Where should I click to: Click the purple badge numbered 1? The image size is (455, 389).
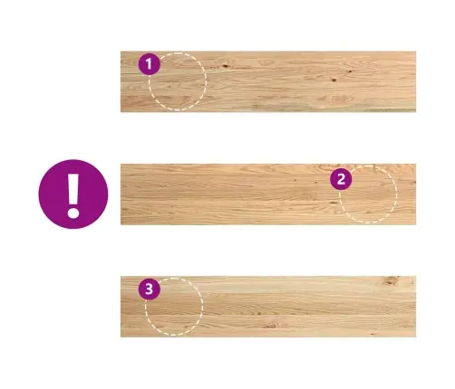coord(150,64)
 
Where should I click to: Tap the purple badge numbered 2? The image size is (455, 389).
coord(341,179)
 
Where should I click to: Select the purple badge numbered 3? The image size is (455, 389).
coord(150,289)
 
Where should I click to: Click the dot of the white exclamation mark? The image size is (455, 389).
coord(73,212)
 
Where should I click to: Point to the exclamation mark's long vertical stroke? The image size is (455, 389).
coord(73,188)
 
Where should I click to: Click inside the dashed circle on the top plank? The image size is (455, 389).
coord(178,81)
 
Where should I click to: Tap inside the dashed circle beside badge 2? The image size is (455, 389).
coord(368,194)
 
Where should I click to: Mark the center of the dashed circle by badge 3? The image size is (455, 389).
coord(174,307)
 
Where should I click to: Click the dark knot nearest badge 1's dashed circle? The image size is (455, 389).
coord(225,66)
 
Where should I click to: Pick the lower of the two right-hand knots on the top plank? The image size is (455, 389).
coord(334,81)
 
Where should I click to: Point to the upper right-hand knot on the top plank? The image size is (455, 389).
coord(350,71)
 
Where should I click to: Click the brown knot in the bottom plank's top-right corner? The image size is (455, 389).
coord(392,280)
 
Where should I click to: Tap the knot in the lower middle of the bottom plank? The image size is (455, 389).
coord(270,326)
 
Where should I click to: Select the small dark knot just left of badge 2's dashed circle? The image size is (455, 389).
coord(334,203)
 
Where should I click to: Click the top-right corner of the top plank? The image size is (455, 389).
coord(416,52)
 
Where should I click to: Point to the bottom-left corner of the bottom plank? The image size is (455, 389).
coord(121,337)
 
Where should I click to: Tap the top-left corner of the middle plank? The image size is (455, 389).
coord(121,164)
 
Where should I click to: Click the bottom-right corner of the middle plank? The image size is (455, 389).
coord(416,224)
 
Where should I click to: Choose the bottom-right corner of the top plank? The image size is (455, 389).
coord(416,112)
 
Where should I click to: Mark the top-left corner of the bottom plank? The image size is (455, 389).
coord(121,276)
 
